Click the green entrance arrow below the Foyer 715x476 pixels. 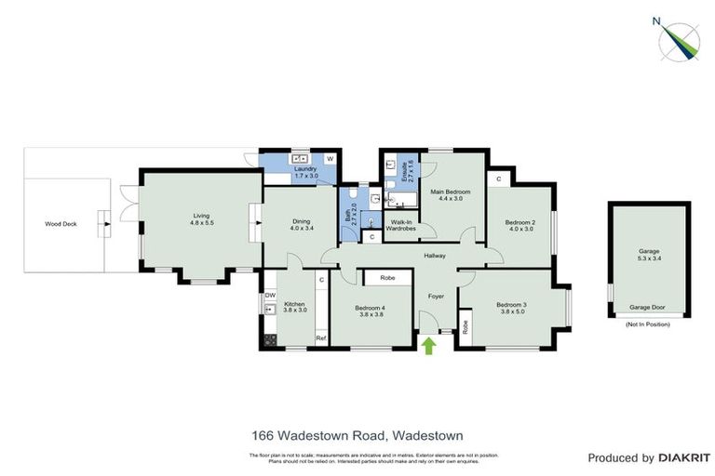tap(429, 347)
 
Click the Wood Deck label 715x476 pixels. tap(61, 224)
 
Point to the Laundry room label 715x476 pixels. tap(305, 172)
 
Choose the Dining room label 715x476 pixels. tap(300, 224)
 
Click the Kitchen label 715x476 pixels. tap(294, 308)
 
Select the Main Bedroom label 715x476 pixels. tap(451, 194)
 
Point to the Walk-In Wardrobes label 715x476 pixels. tap(401, 225)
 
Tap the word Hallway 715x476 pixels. tap(435, 256)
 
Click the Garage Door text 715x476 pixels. tap(649, 306)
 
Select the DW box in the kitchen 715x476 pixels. tap(270, 296)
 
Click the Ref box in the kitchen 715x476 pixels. tap(321, 337)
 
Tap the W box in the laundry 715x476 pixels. tap(330, 157)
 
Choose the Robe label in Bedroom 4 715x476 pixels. tap(387, 278)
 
